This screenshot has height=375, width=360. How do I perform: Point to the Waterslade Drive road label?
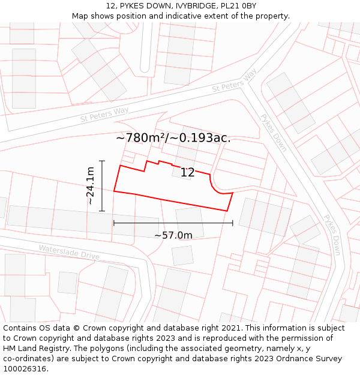[69, 252]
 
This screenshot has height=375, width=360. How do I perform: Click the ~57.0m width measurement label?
[173, 235]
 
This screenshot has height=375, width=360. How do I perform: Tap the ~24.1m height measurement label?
[91, 186]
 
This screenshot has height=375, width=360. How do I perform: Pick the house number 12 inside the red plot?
[188, 173]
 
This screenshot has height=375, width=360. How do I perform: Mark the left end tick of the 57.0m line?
[114, 223]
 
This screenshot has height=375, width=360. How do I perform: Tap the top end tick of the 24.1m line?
[103, 161]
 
